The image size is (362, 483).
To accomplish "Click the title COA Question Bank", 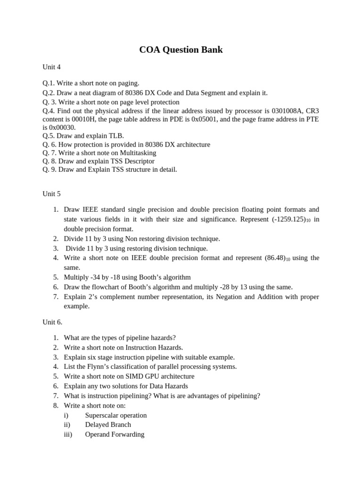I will (x=181, y=50).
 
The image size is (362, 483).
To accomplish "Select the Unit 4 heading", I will (x=51, y=67).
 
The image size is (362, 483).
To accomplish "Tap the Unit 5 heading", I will (x=51, y=194).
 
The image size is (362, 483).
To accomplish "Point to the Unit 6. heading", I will (x=52, y=322).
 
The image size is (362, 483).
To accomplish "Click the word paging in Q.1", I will (x=128, y=83).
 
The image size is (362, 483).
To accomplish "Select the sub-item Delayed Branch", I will (x=108, y=425).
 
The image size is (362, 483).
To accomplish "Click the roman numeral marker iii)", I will (x=68, y=434).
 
